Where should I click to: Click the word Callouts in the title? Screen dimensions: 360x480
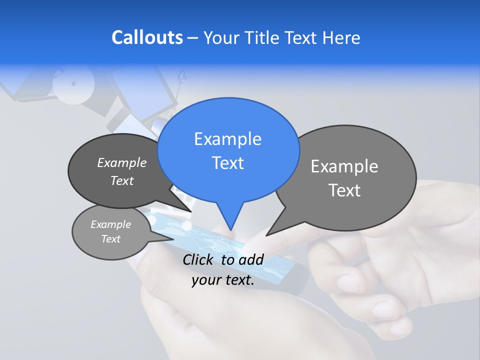147,37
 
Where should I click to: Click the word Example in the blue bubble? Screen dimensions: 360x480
227,139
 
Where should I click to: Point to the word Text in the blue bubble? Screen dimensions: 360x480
227,163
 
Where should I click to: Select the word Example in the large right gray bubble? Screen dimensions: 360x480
344,166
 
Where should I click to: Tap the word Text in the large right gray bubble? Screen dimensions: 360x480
344,190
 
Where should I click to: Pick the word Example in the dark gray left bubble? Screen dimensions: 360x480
122,162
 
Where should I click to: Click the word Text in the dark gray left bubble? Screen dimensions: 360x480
122,180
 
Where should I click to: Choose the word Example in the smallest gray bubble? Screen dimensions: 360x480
110,224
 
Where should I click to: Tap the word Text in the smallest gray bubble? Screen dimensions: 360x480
110,239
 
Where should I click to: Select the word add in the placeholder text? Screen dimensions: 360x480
251,259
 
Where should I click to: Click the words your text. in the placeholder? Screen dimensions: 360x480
223,280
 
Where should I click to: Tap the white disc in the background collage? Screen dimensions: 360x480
73,84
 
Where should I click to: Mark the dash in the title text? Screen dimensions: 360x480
193,38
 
